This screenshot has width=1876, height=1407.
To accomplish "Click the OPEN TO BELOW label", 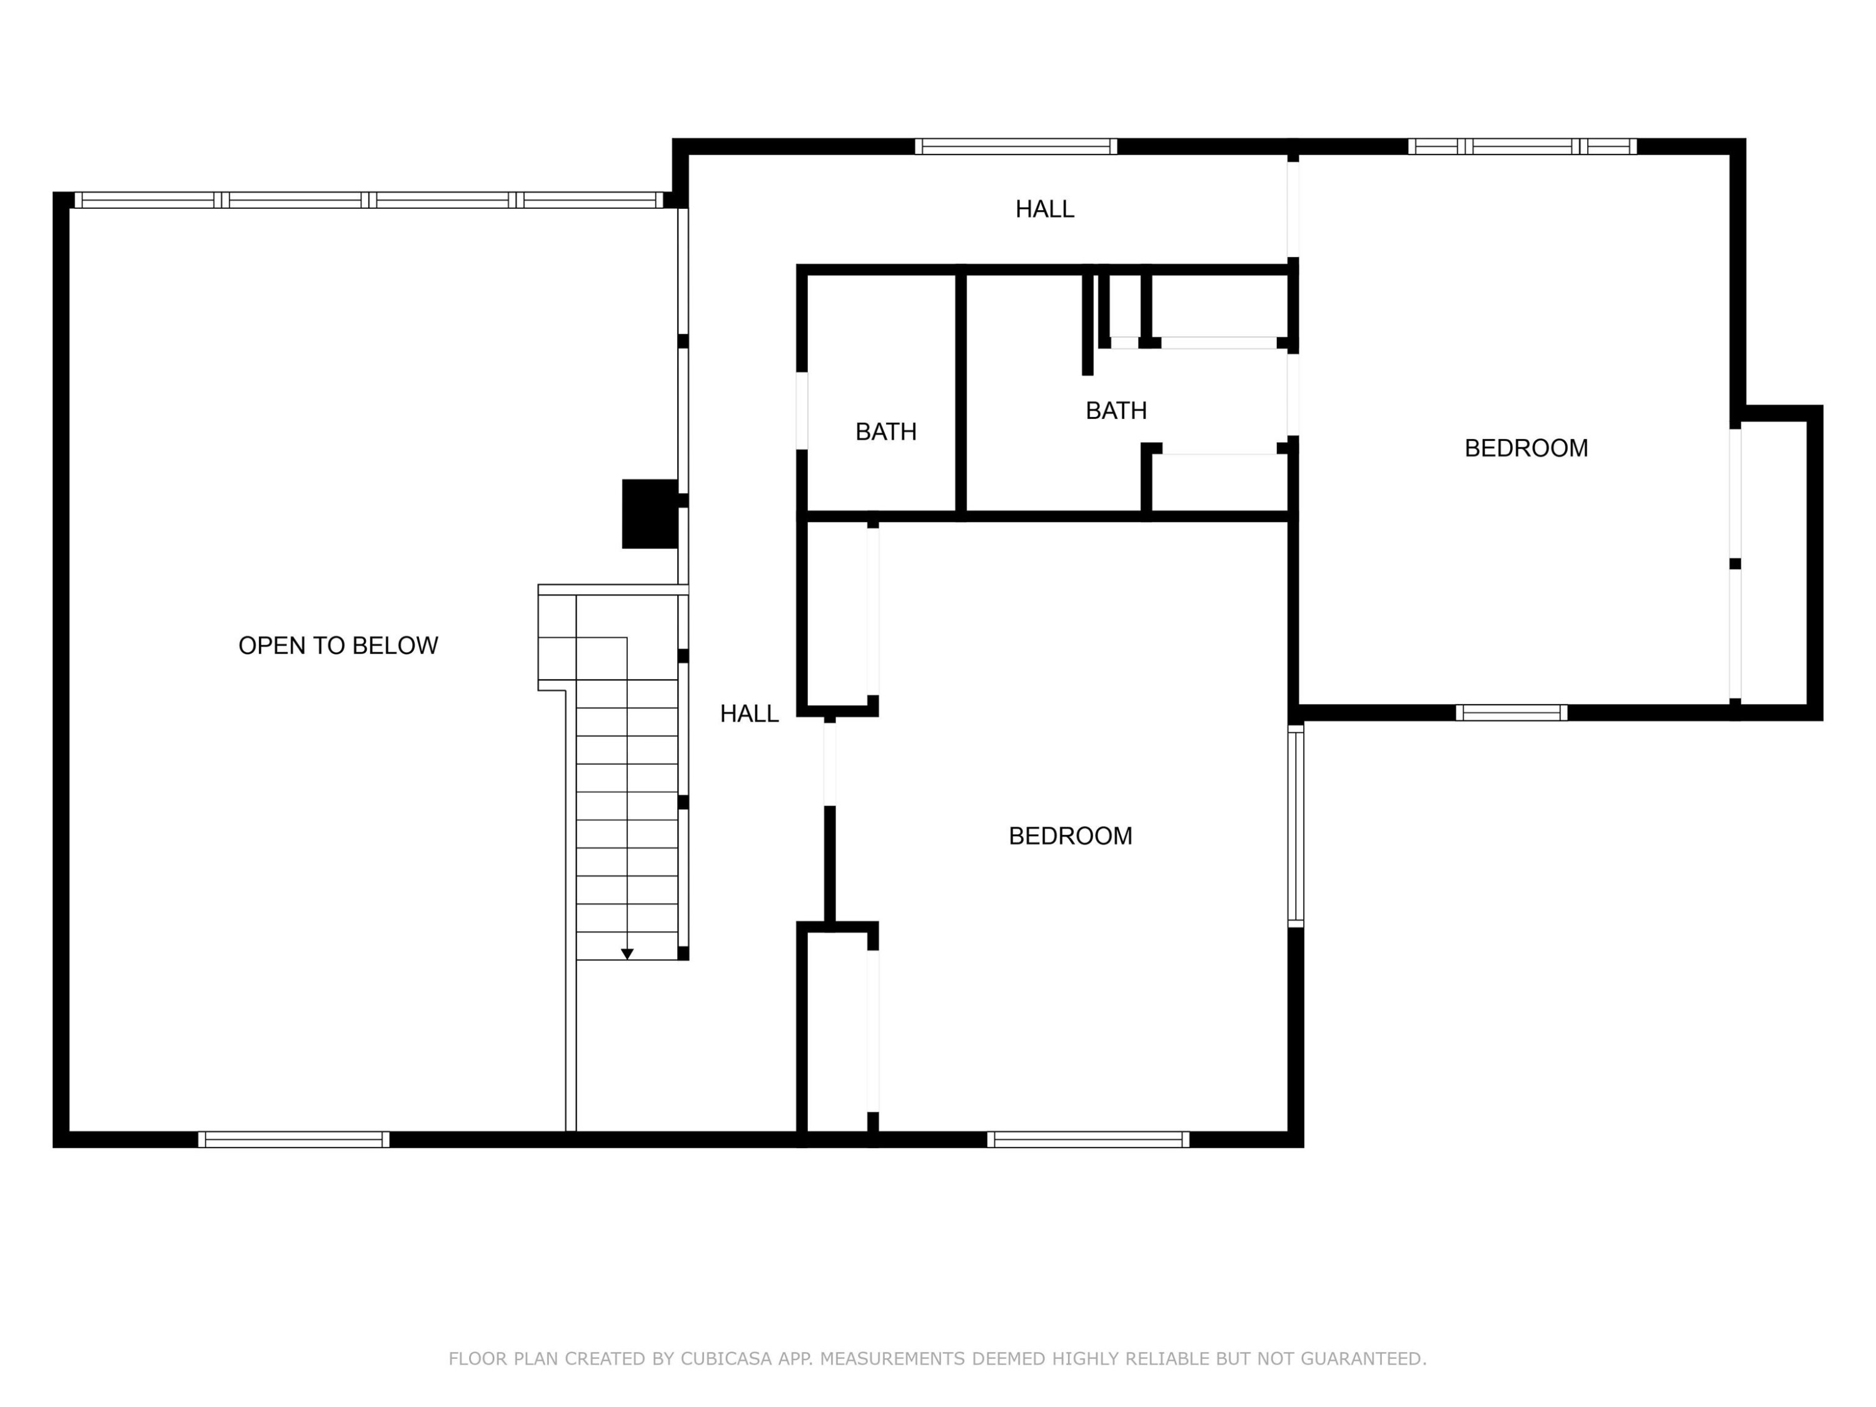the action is [x=338, y=645].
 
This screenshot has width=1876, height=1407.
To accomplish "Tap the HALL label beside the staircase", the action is [x=749, y=714].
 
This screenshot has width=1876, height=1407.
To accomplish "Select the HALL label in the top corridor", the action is [x=1045, y=209].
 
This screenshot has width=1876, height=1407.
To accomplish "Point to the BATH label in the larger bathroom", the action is [x=1116, y=410].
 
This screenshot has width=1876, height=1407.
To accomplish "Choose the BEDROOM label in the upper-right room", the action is [x=1526, y=448].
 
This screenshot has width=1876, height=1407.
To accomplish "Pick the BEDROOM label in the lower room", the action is [x=1071, y=836].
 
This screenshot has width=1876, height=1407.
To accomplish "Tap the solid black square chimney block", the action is [x=650, y=514].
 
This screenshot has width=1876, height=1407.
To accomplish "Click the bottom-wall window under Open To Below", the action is [x=295, y=1140].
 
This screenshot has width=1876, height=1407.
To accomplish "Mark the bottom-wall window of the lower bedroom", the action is [x=1088, y=1140].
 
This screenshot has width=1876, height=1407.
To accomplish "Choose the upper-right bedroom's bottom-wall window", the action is [x=1511, y=712].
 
